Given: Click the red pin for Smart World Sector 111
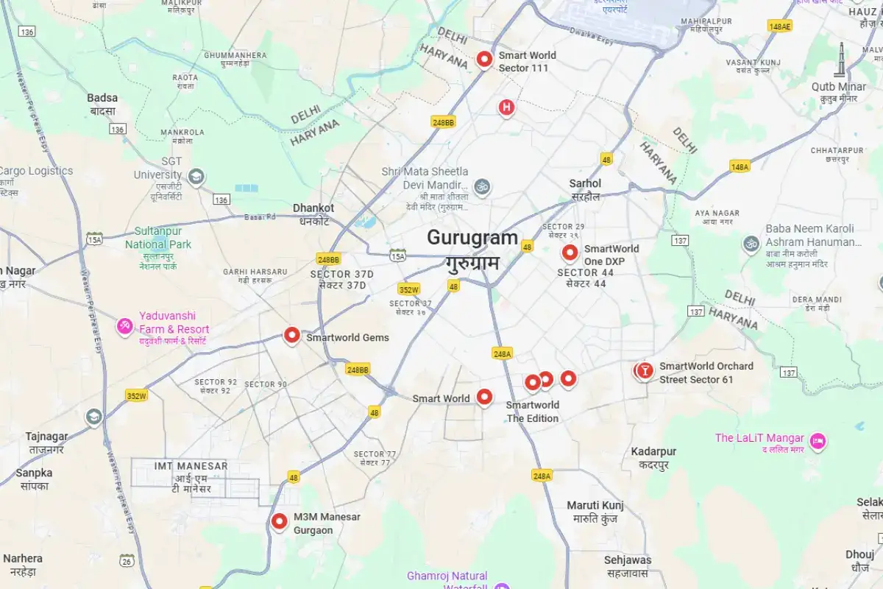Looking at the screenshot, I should [x=484, y=58].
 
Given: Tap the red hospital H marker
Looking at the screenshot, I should [x=506, y=107].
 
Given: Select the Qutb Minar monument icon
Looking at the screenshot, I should [x=840, y=62].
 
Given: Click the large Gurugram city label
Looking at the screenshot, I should [x=472, y=239].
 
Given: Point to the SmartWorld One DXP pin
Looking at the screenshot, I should [x=570, y=253].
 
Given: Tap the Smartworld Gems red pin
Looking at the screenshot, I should [x=292, y=336].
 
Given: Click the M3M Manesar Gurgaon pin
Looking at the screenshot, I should [x=279, y=521].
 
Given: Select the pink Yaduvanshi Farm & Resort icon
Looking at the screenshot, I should [x=125, y=325].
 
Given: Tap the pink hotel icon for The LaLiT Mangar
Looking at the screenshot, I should [x=817, y=441].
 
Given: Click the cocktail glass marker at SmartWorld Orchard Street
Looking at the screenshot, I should [x=645, y=371].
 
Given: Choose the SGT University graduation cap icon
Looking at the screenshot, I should [x=196, y=177].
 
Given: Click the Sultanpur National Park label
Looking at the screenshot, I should [x=157, y=238].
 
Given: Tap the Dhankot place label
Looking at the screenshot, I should [x=313, y=208].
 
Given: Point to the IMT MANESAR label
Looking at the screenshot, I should [x=191, y=466].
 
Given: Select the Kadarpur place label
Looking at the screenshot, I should [x=653, y=451].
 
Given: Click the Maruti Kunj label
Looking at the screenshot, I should [x=595, y=505].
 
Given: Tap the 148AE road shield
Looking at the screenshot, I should [x=779, y=27].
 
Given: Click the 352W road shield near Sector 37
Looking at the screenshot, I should [x=408, y=289].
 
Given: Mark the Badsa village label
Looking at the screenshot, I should [x=102, y=98].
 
